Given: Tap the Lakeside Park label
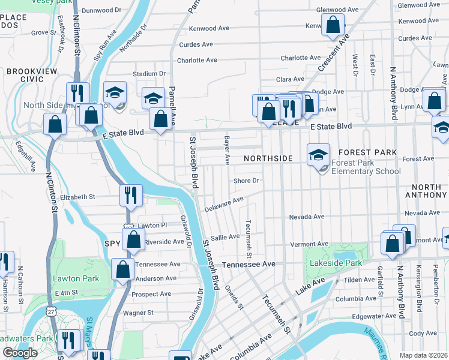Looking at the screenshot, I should coord(336,263).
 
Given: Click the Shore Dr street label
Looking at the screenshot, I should coord(247,181).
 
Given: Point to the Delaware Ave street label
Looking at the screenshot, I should coord(224,204).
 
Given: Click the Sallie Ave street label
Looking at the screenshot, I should coord(225,237).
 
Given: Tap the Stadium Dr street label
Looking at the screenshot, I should coord(149,74).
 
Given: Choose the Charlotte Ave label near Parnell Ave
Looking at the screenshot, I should coord(197,60).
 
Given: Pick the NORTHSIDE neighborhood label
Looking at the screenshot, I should coord(268,158).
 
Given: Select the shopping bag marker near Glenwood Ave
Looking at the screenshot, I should coord(333,25).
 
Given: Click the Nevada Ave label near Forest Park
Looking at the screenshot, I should coord(306,217).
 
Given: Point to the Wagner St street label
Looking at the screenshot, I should coord(138,313).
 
